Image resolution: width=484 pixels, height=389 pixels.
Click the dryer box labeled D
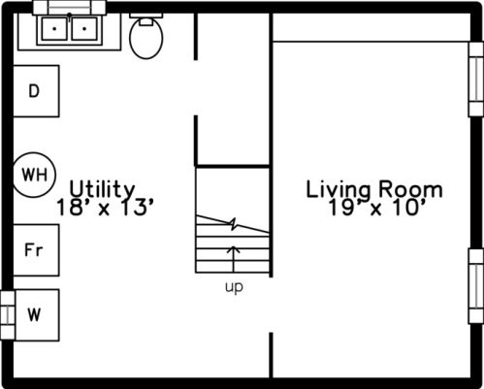tap(36, 91)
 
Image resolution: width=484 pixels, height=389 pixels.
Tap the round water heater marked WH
tap(34, 175)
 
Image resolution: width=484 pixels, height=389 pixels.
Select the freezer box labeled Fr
tap(36, 250)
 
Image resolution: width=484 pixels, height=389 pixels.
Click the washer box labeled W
tap(36, 315)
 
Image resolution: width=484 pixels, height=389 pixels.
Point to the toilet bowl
tap(146, 39)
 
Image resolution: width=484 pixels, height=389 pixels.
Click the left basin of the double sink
tap(54, 29)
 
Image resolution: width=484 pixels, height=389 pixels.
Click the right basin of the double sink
tap(84, 29)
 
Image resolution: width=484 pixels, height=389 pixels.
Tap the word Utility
tap(102, 189)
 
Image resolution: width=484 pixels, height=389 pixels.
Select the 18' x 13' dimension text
tap(105, 208)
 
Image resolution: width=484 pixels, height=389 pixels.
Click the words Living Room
tap(374, 190)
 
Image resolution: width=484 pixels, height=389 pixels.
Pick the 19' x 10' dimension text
tap(376, 208)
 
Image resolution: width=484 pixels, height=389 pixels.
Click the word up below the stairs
tap(234, 287)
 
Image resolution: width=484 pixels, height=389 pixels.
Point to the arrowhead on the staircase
tap(234, 249)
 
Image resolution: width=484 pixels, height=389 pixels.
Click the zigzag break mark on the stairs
tap(234, 224)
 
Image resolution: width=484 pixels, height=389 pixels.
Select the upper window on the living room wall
tap(476, 80)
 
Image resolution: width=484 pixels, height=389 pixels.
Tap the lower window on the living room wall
tap(476, 286)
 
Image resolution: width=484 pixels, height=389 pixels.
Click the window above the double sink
tap(70, 7)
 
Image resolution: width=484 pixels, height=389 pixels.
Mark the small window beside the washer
tap(8, 315)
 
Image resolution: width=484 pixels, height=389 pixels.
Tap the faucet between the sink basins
tap(70, 16)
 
